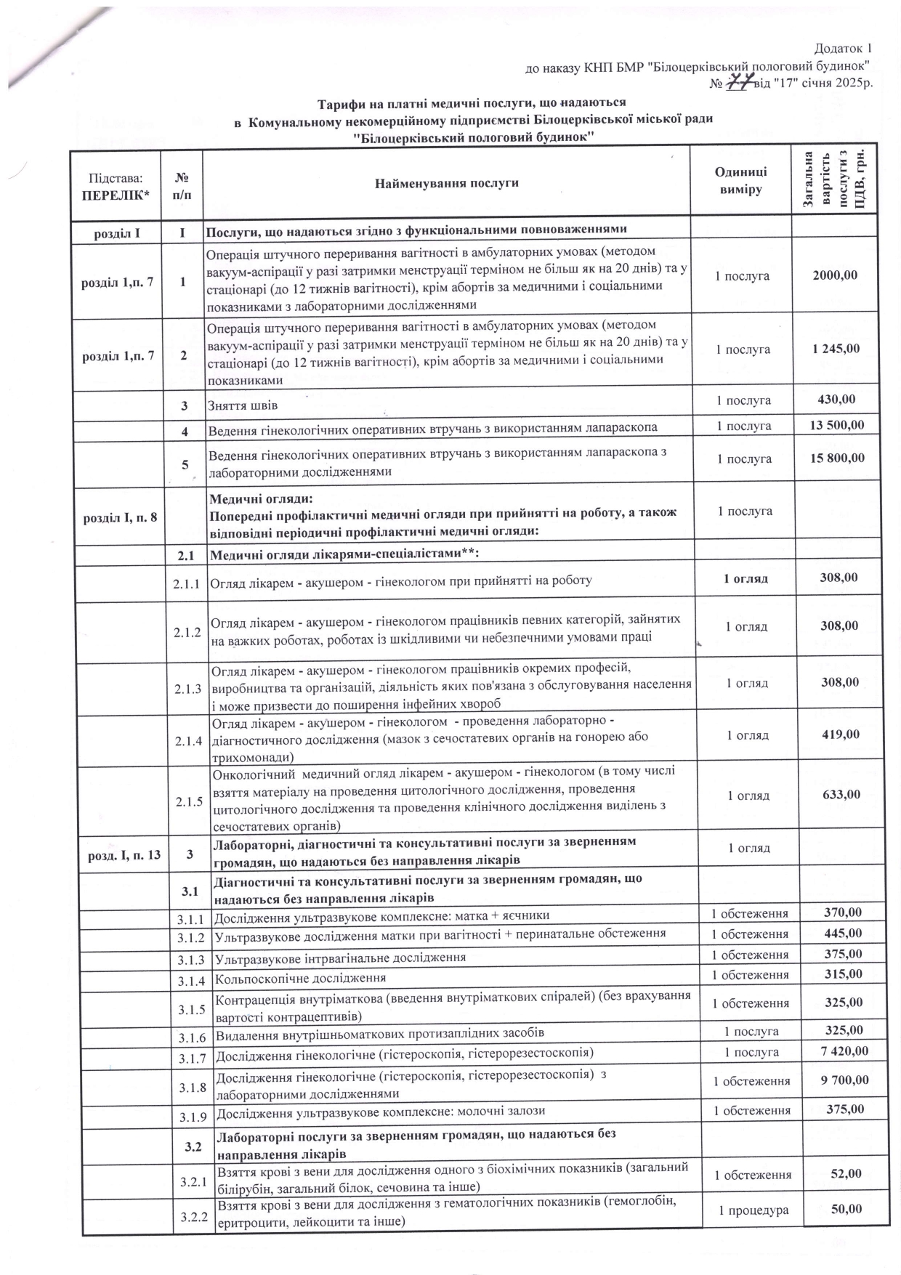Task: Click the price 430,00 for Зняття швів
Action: click(x=836, y=399)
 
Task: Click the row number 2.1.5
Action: click(x=189, y=802)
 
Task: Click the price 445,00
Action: click(x=844, y=934)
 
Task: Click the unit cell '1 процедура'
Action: click(x=752, y=1210)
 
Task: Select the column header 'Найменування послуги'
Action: click(x=446, y=182)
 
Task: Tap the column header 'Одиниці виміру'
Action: click(x=740, y=180)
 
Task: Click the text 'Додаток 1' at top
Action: click(x=842, y=49)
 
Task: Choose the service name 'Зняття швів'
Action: click(x=243, y=405)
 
